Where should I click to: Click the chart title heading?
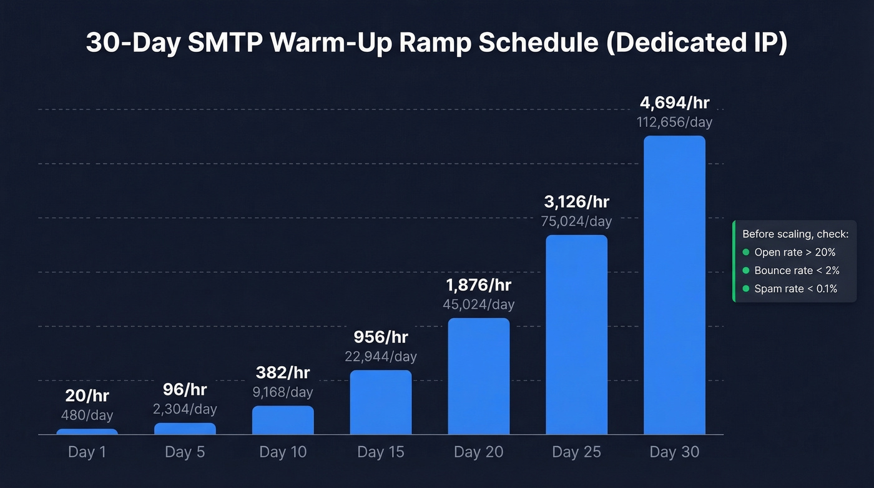coord(436,44)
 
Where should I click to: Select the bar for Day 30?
coord(674,285)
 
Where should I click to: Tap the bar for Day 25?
coord(576,334)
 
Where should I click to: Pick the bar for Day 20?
coord(479,376)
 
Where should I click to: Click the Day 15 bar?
coord(381,402)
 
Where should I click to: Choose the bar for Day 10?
coord(283,420)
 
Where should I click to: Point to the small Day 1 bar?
coord(87,431)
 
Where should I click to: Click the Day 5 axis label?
coord(185,452)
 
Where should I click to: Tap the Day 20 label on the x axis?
coord(479,452)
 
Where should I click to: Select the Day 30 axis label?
coord(674,452)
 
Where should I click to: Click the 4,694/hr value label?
coord(674,102)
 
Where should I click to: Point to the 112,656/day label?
coord(674,122)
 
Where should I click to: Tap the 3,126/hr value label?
coord(576,202)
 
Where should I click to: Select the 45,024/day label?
coord(479,304)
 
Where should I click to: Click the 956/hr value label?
coord(381,337)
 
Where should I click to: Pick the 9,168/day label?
coord(283,392)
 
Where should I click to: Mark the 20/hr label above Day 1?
coord(87,396)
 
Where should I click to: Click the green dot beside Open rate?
coord(745,252)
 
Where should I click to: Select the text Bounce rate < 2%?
coord(797,271)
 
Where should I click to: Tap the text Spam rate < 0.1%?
coord(795,289)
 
